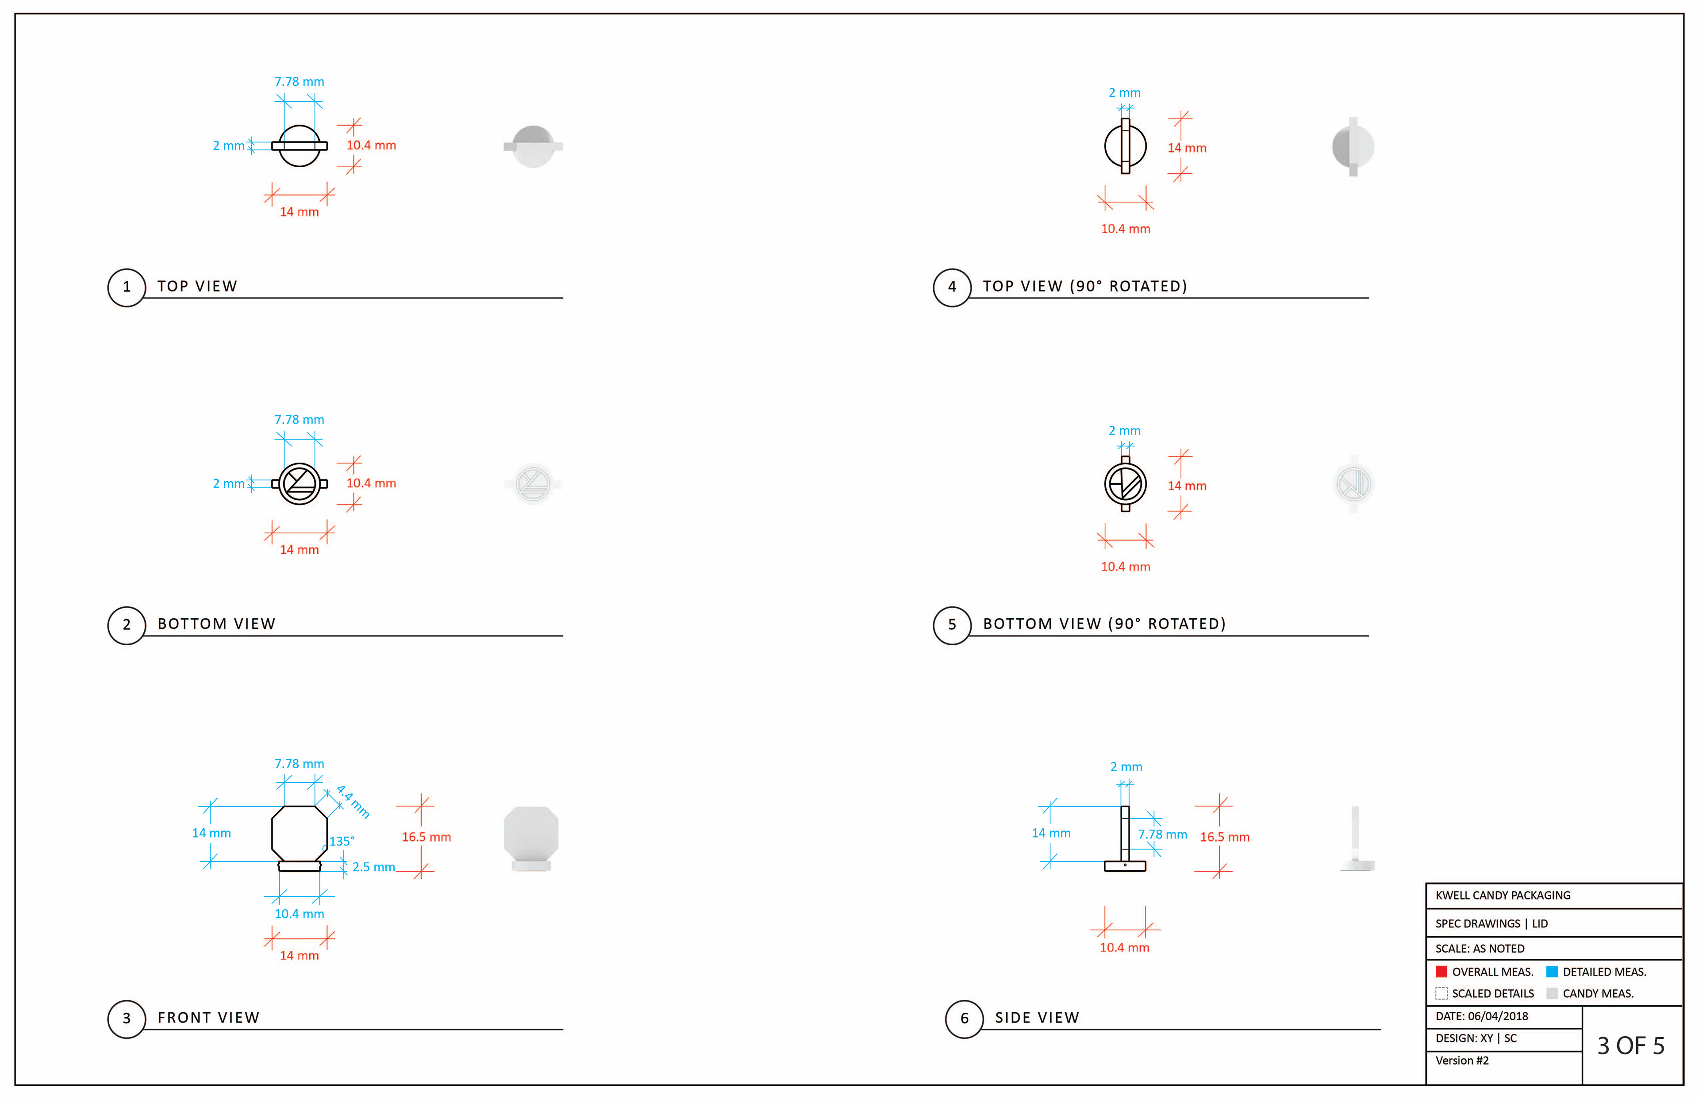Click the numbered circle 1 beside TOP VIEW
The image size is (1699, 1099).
tap(127, 287)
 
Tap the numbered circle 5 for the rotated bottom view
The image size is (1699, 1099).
tap(952, 626)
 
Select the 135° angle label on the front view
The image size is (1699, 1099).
tap(342, 841)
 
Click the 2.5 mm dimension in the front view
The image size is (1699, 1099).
tap(373, 867)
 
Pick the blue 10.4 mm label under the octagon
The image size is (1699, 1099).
tap(299, 914)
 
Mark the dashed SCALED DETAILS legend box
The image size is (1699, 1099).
tap(1441, 993)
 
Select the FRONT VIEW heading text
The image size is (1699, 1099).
tap(208, 1018)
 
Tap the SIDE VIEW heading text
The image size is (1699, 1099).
tap(1037, 1018)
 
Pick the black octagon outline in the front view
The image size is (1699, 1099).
tap(272, 834)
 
